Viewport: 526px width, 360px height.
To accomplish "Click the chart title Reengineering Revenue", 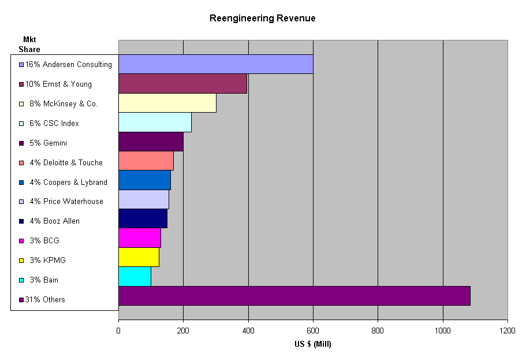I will [x=262, y=18].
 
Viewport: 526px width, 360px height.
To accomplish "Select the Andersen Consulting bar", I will [x=215, y=64].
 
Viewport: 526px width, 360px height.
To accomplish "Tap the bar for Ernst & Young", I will [x=182, y=84].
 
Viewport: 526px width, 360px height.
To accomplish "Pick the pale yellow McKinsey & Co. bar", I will [x=167, y=103].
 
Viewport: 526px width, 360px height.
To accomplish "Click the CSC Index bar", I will [x=155, y=123].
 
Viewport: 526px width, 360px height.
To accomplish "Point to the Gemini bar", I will [x=151, y=142].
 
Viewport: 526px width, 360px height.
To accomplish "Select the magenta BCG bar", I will [x=139, y=238].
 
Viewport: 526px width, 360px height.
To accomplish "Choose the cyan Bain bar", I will [x=135, y=276].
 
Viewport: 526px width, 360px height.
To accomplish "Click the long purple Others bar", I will [x=294, y=296].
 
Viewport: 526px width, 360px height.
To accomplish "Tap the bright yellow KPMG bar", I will [x=139, y=257].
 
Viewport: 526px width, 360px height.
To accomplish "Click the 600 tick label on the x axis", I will [x=313, y=331].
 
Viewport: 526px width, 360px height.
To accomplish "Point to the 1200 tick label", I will [x=507, y=331].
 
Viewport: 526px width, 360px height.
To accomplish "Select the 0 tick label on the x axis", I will [x=118, y=331].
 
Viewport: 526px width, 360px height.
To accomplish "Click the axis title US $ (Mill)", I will [x=312, y=344].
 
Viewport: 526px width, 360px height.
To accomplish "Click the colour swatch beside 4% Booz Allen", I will [x=21, y=221].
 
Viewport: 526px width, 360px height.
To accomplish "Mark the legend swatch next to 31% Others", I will [x=21, y=299].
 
